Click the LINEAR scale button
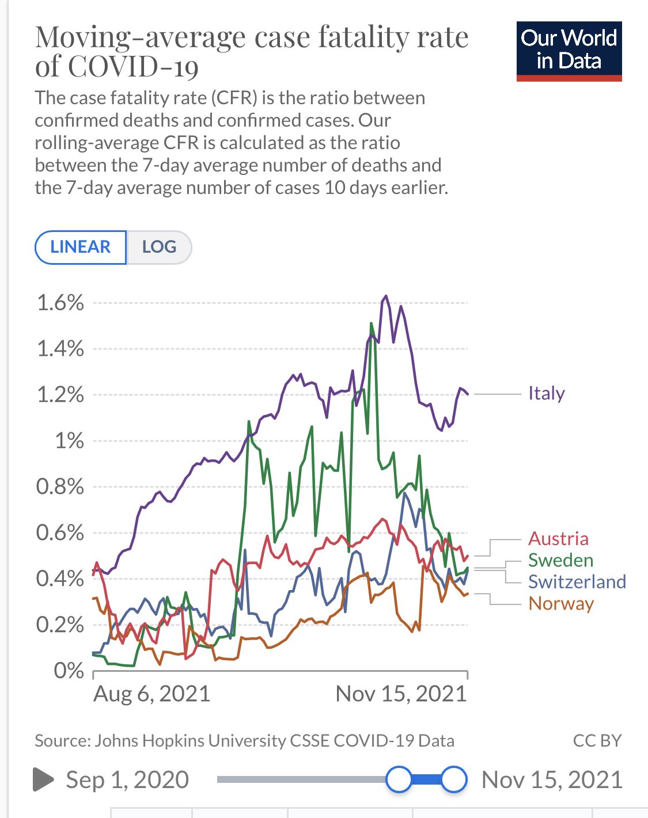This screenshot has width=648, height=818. coord(80,247)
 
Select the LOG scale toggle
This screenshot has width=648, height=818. coord(159,247)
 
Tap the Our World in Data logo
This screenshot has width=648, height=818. coord(569,51)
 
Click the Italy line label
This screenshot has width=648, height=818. coord(546,394)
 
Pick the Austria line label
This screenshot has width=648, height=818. coord(558,539)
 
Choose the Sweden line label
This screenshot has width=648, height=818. coord(560,560)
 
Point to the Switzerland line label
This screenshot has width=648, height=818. coord(577,581)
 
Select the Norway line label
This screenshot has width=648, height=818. coord(561,603)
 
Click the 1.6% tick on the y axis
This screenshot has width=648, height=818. coord(60,303)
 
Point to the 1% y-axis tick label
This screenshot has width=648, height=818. coord(69,441)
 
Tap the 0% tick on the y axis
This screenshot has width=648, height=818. coord(69,671)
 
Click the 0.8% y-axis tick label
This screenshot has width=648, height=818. coord(60,487)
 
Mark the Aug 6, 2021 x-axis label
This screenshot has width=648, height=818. coord(151,694)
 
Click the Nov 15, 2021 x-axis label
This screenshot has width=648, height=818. coord(401,694)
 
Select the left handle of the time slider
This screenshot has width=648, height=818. coord(399,779)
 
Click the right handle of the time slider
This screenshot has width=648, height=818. coord(454,779)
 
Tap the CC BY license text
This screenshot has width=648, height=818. coord(597,740)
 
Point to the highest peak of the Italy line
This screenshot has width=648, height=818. coord(385,296)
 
